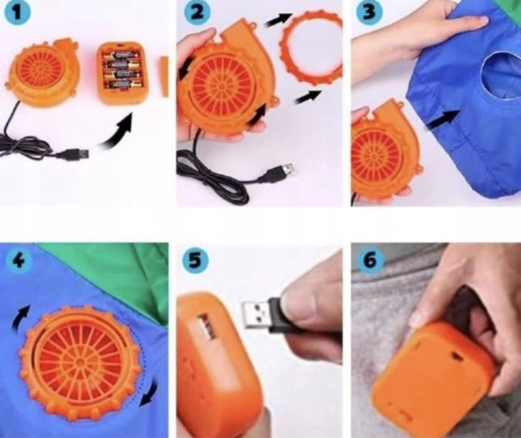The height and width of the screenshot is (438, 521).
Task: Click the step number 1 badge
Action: pyautogui.click(x=17, y=13)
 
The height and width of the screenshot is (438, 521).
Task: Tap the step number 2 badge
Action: pyautogui.click(x=197, y=13)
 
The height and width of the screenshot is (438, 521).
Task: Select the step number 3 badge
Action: pyautogui.click(x=369, y=13)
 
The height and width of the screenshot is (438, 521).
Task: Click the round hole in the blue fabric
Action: pyautogui.click(x=501, y=77)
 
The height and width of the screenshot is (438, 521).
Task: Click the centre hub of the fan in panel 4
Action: pyautogui.click(x=80, y=360)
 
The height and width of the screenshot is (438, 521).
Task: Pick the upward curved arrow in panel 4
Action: pyautogui.click(x=20, y=318)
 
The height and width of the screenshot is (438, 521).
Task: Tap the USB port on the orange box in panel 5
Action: pyautogui.click(x=206, y=327)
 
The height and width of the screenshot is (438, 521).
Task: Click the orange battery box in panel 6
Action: pyautogui.click(x=432, y=375)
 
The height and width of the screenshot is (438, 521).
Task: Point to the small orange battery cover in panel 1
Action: pyautogui.click(x=164, y=76)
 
